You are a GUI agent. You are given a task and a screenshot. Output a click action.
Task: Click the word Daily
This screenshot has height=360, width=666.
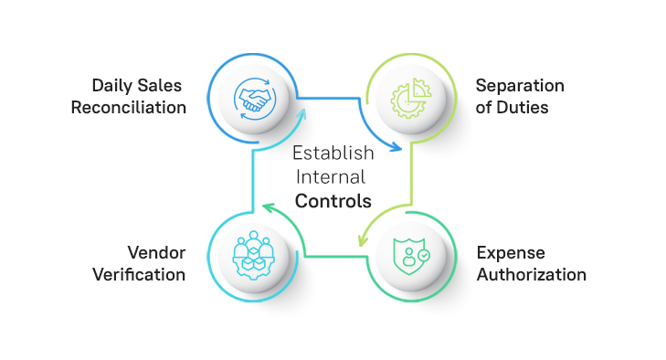[x=111, y=86]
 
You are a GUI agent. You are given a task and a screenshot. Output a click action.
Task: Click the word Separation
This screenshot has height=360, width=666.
[x=520, y=86]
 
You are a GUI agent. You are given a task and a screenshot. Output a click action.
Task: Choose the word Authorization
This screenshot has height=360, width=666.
[x=531, y=274]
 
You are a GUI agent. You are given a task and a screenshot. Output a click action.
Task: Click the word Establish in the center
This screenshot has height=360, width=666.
[x=333, y=154]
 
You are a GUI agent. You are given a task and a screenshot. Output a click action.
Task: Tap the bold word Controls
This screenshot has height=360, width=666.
[x=333, y=199]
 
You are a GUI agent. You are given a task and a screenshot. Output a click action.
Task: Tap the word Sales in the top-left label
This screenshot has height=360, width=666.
[x=163, y=86]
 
